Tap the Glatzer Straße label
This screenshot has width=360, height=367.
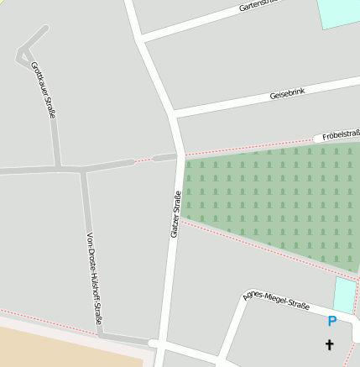176,215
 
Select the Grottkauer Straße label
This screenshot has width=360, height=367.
42,89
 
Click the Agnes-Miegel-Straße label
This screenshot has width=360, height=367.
276,301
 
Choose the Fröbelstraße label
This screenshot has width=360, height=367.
340,134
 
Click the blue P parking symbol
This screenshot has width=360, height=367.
332,321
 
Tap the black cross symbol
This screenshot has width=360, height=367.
329,344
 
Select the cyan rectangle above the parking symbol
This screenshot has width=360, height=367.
344,295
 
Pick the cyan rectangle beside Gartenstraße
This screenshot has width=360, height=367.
339,13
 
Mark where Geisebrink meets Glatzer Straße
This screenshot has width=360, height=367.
174,113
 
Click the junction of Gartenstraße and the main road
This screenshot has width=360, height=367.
142,38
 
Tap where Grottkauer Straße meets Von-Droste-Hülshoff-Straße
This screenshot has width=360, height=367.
82,169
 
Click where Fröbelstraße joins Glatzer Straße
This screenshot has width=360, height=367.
180,155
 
